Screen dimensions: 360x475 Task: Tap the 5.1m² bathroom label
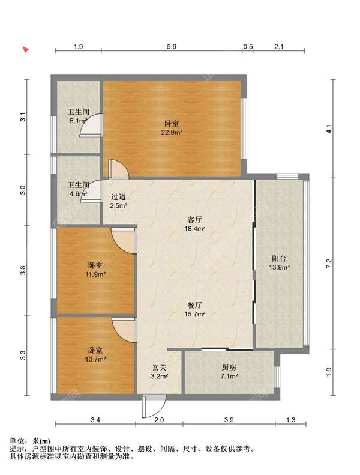[79, 116]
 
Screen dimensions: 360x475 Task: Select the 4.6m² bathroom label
[79, 189]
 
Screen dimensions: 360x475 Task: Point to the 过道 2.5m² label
[118, 201]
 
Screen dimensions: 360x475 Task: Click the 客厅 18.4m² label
[195, 224]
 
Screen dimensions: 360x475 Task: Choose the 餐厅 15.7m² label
[195, 310]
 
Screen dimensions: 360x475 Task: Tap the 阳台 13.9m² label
[280, 262]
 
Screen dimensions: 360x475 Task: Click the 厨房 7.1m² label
[229, 372]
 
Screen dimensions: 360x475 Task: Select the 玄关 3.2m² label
[160, 372]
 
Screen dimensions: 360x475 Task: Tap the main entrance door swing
[154, 406]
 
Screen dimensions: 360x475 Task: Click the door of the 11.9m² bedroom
[123, 241]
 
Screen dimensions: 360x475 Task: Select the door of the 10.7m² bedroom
[124, 330]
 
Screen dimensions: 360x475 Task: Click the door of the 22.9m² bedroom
[119, 169]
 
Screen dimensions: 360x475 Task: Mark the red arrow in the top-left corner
[26, 49]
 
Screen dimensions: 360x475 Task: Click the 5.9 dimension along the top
[172, 47]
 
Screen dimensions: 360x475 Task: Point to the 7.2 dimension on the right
[329, 263]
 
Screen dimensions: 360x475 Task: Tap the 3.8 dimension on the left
[23, 270]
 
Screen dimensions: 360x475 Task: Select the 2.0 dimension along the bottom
[159, 420]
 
